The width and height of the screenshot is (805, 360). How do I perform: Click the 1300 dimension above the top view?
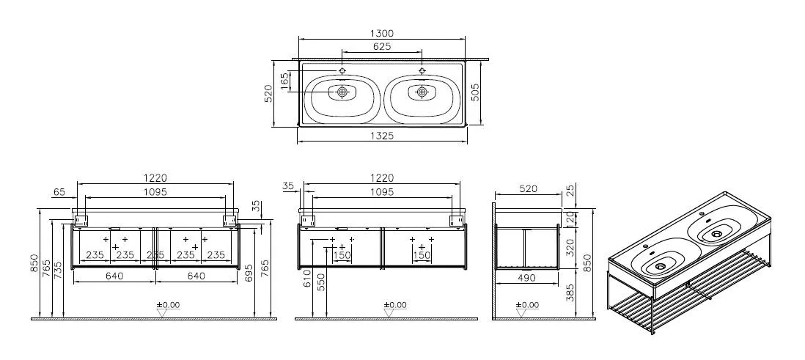[x=382, y=34]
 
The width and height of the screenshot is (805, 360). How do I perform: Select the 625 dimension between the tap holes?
[x=382, y=46]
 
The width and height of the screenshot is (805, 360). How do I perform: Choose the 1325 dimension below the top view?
[x=382, y=136]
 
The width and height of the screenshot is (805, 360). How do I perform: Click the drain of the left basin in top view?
[x=342, y=92]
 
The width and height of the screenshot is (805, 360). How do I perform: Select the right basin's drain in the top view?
[x=422, y=92]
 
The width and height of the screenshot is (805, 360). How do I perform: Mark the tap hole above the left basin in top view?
[x=342, y=70]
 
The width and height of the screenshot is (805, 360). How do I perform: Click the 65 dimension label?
[x=60, y=192]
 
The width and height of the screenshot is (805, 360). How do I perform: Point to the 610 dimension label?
[x=308, y=279]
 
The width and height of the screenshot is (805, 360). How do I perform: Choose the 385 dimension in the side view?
[x=570, y=295]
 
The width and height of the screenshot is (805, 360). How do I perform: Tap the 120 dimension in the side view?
[x=570, y=217]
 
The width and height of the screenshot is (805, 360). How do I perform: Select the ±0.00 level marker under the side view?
[x=527, y=304]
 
